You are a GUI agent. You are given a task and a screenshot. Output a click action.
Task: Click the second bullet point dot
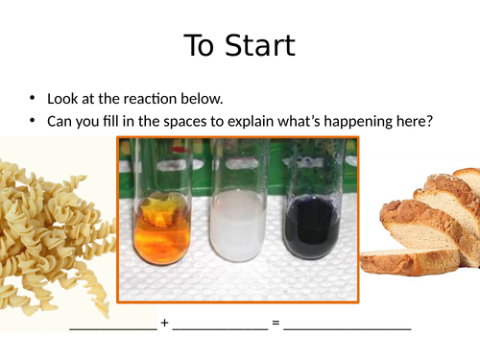[32, 121]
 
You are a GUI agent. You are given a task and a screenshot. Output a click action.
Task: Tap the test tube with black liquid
[308, 216]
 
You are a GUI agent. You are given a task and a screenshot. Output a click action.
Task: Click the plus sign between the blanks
[165, 323]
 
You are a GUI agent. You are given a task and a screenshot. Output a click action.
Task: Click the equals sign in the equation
[276, 323]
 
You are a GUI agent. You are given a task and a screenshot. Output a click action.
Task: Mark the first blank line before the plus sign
[113, 326]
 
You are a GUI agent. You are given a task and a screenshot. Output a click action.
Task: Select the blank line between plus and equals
[221, 326]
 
